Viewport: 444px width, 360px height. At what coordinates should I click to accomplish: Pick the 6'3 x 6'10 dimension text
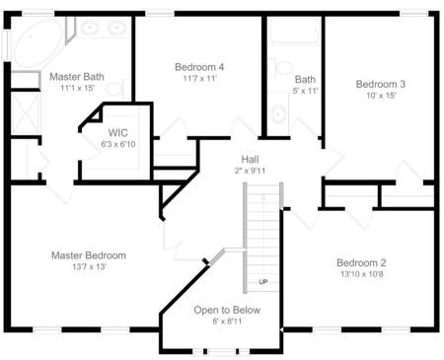click(118, 143)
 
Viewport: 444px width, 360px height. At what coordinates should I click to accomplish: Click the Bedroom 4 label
click(199, 67)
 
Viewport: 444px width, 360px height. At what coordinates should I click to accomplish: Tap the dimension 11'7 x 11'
click(199, 79)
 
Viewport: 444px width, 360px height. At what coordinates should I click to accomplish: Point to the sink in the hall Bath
click(277, 109)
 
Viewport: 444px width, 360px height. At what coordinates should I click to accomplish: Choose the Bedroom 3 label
click(381, 84)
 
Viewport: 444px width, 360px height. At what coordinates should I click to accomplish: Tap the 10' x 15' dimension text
click(381, 97)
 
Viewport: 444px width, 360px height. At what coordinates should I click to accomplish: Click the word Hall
click(251, 159)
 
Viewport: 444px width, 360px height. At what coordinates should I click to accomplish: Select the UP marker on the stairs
click(263, 281)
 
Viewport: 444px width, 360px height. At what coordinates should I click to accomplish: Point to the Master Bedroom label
click(89, 255)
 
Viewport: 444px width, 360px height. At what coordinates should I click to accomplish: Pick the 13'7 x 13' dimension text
click(89, 267)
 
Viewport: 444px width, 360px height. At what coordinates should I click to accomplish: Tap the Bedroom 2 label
click(361, 262)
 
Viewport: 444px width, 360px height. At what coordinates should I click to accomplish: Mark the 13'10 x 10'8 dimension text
click(361, 274)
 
